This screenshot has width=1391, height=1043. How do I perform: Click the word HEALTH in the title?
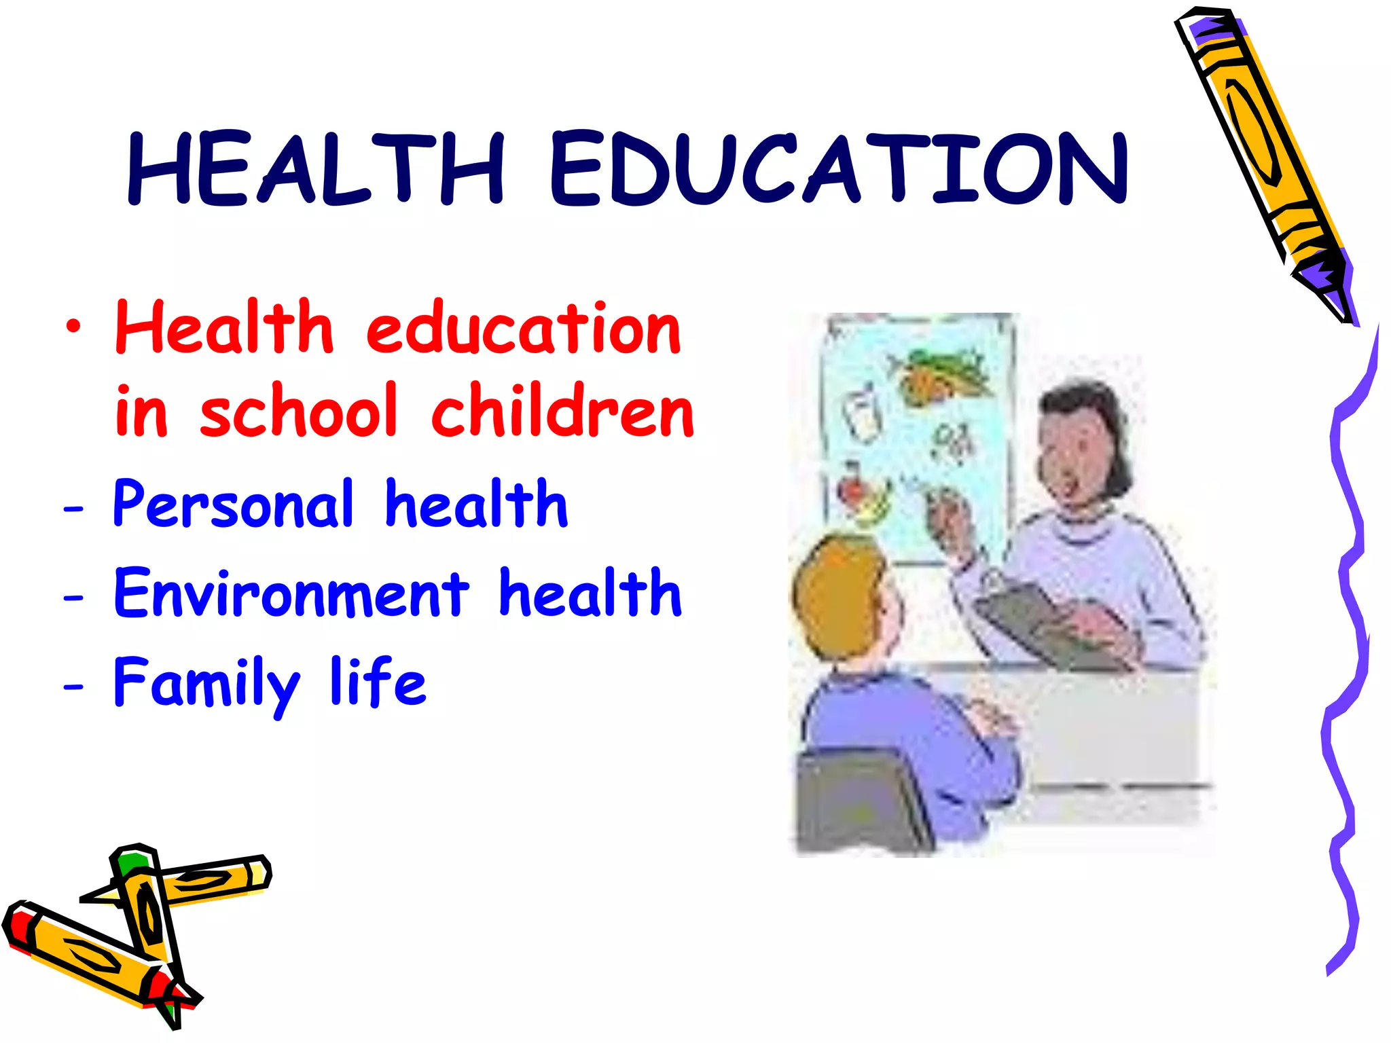(x=316, y=168)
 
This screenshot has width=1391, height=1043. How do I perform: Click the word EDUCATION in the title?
(x=839, y=168)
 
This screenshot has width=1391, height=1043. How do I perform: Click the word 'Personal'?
(x=233, y=505)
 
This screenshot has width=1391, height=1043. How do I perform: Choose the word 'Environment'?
(x=291, y=593)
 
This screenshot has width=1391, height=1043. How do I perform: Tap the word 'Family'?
(x=206, y=683)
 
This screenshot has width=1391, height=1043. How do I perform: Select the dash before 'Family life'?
(x=73, y=686)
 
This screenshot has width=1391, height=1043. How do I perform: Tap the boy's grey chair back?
(x=859, y=801)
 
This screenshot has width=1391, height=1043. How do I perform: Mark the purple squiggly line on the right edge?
(x=1348, y=645)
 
